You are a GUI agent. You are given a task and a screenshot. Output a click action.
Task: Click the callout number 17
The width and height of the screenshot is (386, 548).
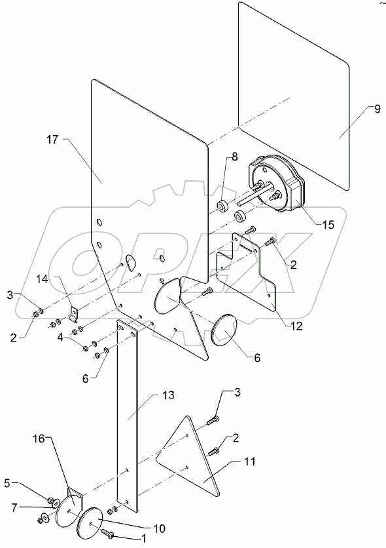[52, 139]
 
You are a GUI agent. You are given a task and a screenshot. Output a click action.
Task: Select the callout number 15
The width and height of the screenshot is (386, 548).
[328, 224]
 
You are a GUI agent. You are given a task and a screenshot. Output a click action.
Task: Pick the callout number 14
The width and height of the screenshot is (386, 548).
[61, 279]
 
